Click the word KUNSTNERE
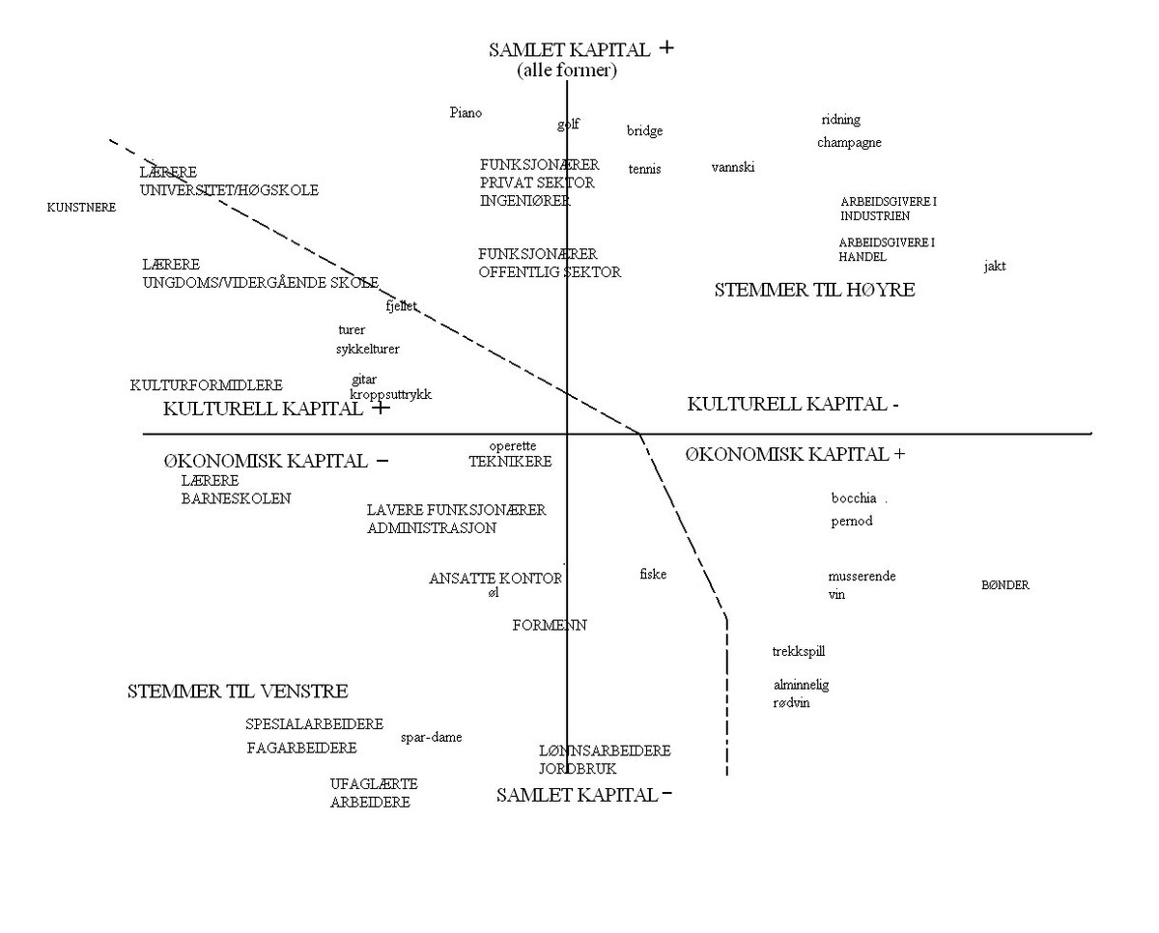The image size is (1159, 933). click(81, 208)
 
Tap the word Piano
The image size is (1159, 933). click(466, 113)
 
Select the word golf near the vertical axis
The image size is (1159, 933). click(568, 125)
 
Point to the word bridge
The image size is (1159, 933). click(644, 131)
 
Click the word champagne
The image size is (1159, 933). click(849, 143)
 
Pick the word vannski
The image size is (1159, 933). click(733, 167)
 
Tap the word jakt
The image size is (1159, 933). click(995, 266)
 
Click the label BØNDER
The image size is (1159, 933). click(1005, 585)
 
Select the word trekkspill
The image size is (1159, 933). click(799, 652)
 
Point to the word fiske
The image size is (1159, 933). click(653, 575)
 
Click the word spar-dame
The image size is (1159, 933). click(431, 738)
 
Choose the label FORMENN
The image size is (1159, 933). click(550, 626)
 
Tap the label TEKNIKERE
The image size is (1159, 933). click(510, 462)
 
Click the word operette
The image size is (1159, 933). click(513, 446)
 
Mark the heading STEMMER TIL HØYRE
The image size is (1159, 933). click(814, 290)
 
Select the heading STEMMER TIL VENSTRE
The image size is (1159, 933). click(238, 692)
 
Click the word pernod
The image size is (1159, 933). click(852, 522)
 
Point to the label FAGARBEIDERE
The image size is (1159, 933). click(301, 748)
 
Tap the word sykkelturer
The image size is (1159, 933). click(368, 349)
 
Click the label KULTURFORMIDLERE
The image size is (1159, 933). click(207, 385)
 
